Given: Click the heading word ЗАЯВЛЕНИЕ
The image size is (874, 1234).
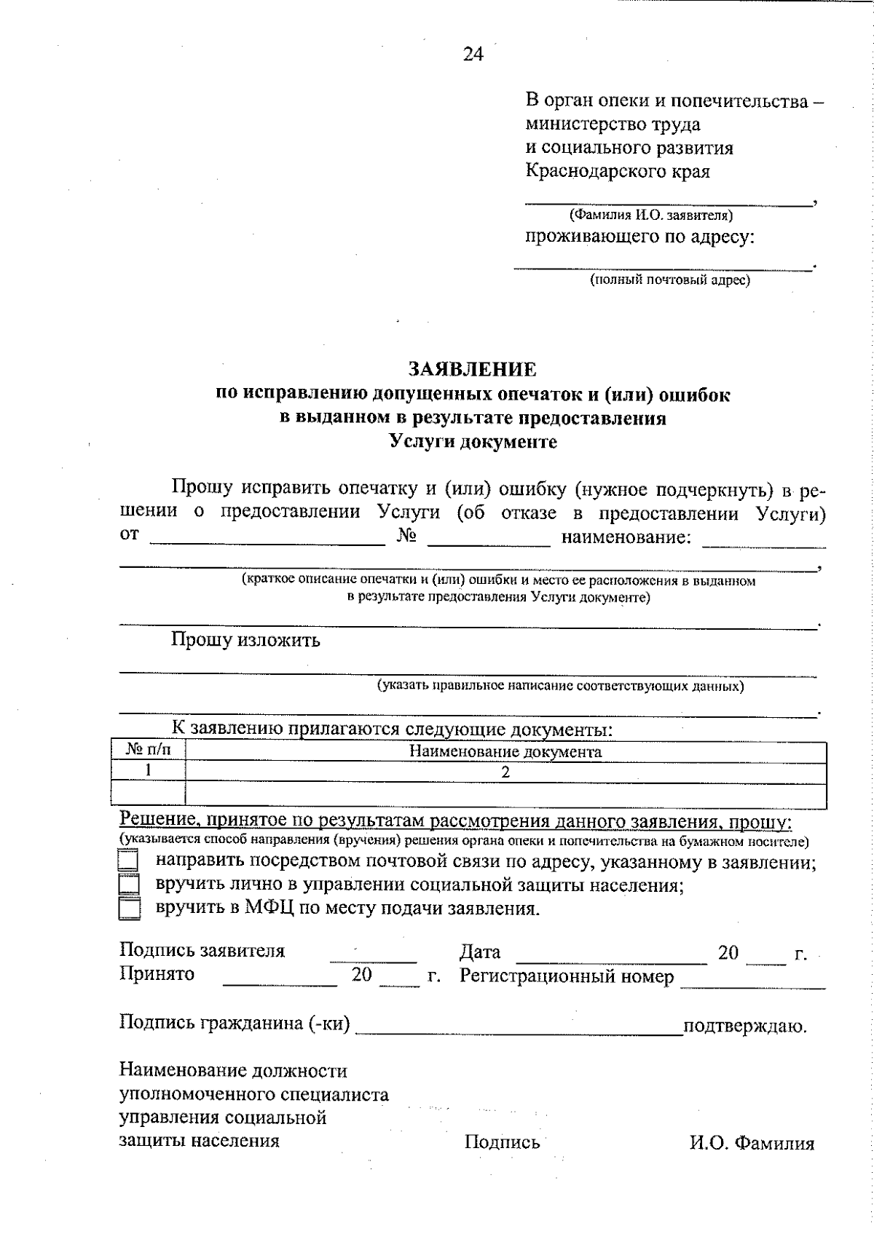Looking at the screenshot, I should click(x=473, y=370).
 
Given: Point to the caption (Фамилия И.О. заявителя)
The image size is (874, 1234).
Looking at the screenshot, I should click(x=651, y=215).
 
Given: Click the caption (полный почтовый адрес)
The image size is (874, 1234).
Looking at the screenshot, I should click(x=669, y=280).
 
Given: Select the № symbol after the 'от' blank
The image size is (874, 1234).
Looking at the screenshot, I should click(x=406, y=537).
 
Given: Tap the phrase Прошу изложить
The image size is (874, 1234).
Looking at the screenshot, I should click(x=245, y=641).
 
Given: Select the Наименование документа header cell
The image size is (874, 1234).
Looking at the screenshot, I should click(x=505, y=752).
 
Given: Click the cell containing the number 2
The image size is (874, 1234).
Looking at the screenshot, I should click(x=505, y=772).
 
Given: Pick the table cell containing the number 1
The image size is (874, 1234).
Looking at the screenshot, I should click(x=149, y=771).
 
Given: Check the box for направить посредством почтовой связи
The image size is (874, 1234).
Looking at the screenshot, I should click(x=129, y=861).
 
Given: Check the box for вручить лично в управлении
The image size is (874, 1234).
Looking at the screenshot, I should click(x=129, y=885).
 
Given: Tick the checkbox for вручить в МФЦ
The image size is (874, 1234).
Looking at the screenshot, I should click(x=129, y=909).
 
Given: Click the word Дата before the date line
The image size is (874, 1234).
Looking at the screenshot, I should click(x=480, y=952).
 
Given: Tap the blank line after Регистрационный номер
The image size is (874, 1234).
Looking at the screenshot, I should click(x=752, y=982).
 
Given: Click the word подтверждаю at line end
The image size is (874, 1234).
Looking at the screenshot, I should click(x=744, y=1027).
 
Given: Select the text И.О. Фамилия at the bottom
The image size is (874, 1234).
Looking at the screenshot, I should click(x=752, y=1143).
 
